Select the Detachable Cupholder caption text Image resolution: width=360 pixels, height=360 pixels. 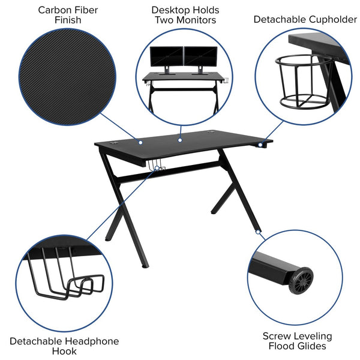(x=305, y=19)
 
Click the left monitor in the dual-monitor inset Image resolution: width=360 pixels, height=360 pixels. (x=165, y=58)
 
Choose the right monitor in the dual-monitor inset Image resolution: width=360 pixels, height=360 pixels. (x=199, y=58)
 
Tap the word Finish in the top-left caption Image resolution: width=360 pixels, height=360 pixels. (x=68, y=20)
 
